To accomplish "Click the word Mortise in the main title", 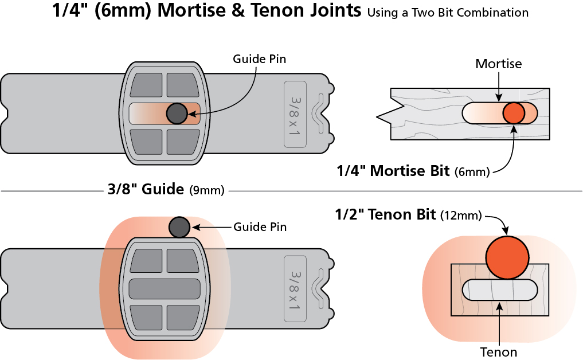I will [x=189, y=12].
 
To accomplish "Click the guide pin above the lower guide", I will [x=179, y=227].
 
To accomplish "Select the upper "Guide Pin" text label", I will [x=259, y=59].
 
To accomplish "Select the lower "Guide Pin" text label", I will [x=260, y=227].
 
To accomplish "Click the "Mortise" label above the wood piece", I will [x=499, y=64].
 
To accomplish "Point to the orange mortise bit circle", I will [x=514, y=113].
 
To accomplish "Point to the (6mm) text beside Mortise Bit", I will [x=472, y=172].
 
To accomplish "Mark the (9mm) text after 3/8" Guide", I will [x=206, y=190].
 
